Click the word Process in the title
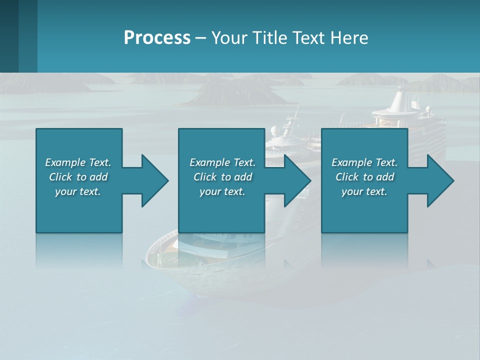point(157,38)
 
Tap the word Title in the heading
point(268,38)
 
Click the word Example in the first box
point(65,162)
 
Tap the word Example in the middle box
point(209,162)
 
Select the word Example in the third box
point(351,162)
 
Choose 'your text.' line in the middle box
point(222,191)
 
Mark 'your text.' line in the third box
point(364,191)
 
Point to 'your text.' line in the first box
point(77,191)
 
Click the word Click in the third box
point(347,177)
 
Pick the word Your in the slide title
point(228,38)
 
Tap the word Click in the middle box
point(205,177)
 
